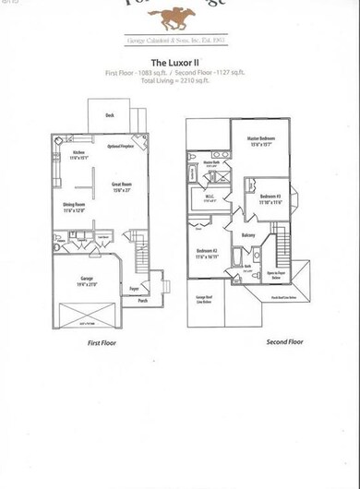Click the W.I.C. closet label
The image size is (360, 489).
pos(209,198)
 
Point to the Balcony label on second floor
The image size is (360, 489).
pos(248,235)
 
